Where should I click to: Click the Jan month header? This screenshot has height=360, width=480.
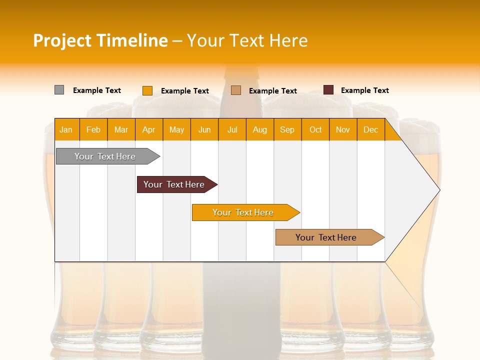[x=66, y=130]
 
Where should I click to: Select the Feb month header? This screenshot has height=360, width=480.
[x=93, y=130]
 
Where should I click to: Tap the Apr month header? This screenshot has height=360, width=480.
[x=149, y=130]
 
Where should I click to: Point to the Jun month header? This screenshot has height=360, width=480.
[x=204, y=130]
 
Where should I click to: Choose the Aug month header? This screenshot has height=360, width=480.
[x=260, y=130]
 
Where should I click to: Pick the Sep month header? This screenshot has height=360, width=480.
[x=287, y=130]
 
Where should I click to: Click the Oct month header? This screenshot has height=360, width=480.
[x=315, y=130]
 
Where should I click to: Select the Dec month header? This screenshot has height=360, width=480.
[x=371, y=130]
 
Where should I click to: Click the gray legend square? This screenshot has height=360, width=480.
[x=59, y=90]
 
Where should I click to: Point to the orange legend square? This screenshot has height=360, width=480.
[x=147, y=90]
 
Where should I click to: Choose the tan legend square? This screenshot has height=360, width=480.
[x=236, y=90]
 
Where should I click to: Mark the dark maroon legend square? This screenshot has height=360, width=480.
[x=328, y=90]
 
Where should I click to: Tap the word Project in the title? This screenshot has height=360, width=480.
[x=62, y=40]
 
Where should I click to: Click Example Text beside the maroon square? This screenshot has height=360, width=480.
[x=365, y=90]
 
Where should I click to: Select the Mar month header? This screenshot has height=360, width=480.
[x=121, y=130]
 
